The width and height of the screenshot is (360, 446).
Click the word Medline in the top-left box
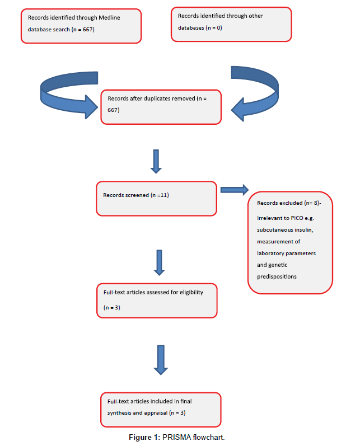(109, 18)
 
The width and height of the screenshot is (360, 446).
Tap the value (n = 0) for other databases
(214, 28)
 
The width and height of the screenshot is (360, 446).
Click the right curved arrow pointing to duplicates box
(255, 93)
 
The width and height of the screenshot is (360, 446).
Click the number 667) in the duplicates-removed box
(114, 110)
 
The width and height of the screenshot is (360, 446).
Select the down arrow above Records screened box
(156, 161)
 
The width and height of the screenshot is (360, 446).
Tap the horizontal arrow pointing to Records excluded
(235, 190)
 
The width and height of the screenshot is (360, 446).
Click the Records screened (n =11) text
(136, 195)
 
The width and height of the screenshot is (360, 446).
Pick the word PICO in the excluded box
(297, 218)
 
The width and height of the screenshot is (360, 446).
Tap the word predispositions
(277, 276)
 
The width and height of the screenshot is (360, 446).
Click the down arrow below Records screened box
(160, 263)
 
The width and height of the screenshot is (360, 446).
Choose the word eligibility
(191, 293)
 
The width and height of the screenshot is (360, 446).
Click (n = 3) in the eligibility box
(112, 307)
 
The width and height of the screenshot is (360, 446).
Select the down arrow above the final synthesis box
(161, 360)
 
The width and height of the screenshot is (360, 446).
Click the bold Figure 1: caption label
(144, 438)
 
